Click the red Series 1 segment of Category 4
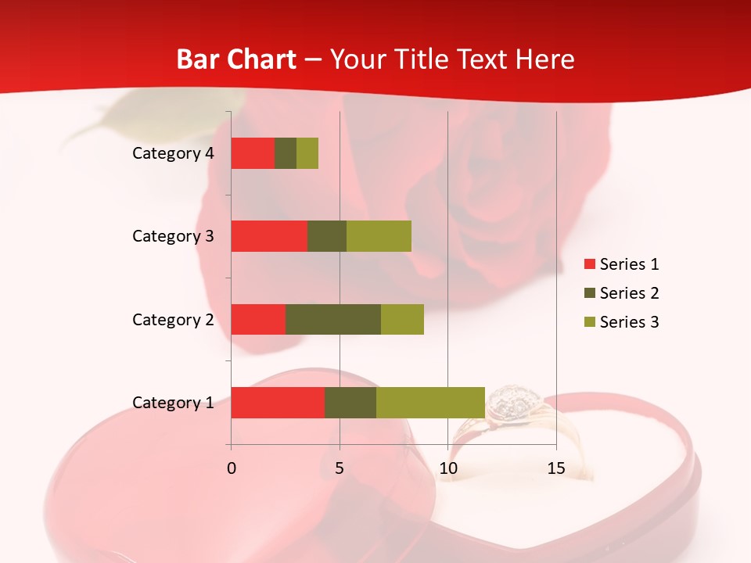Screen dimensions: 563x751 point(253,153)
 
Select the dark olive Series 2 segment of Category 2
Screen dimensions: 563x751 point(333,319)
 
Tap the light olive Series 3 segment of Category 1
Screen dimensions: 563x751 point(430,403)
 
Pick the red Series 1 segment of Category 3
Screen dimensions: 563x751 point(269,236)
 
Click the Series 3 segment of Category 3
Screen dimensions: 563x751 point(379,236)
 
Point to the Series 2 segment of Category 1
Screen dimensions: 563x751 point(350,403)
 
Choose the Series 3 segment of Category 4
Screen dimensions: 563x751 point(307,153)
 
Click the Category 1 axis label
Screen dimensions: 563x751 point(173,403)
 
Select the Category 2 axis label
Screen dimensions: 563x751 point(173,319)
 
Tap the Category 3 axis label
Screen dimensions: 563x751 point(173,236)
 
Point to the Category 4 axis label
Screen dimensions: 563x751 point(173,153)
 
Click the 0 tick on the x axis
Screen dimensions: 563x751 point(232,468)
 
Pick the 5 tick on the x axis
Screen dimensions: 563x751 point(340,468)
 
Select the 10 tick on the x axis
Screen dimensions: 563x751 point(447,468)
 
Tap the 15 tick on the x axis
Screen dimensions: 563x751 point(556,468)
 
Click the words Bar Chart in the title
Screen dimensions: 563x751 point(235,59)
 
